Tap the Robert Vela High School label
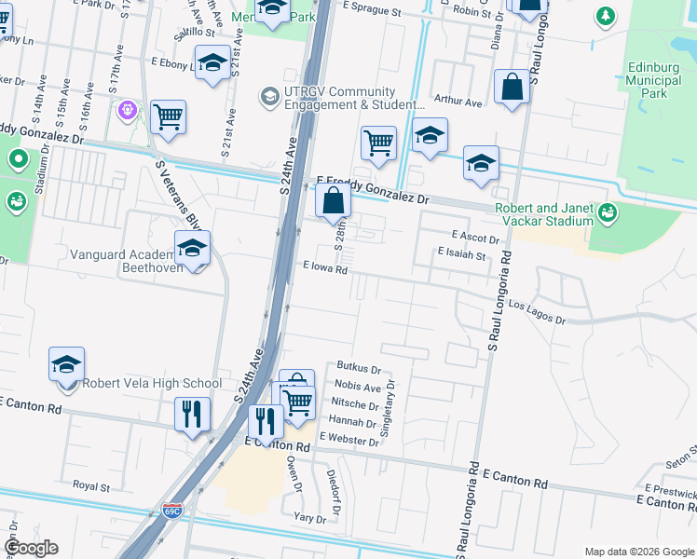(153, 383)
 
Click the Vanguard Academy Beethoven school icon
(192, 249)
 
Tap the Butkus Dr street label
(359, 370)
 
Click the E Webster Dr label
(348, 436)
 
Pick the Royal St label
(91, 485)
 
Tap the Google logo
(31, 548)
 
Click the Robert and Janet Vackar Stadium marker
(608, 213)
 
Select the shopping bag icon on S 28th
(333, 200)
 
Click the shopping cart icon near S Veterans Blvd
(168, 117)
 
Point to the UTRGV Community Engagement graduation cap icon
(269, 96)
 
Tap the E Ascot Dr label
(475, 237)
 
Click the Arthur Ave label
(458, 102)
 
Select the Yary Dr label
(309, 519)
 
